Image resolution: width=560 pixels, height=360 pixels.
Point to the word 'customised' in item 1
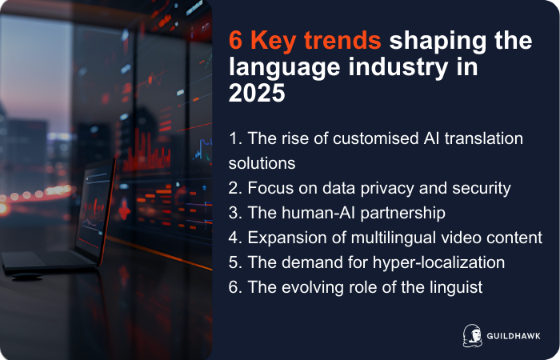pos(341,138)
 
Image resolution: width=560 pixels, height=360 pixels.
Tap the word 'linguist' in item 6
pos(454,287)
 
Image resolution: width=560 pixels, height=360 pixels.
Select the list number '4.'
pos(235,238)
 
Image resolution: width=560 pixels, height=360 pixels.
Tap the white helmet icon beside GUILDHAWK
pos(471,334)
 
